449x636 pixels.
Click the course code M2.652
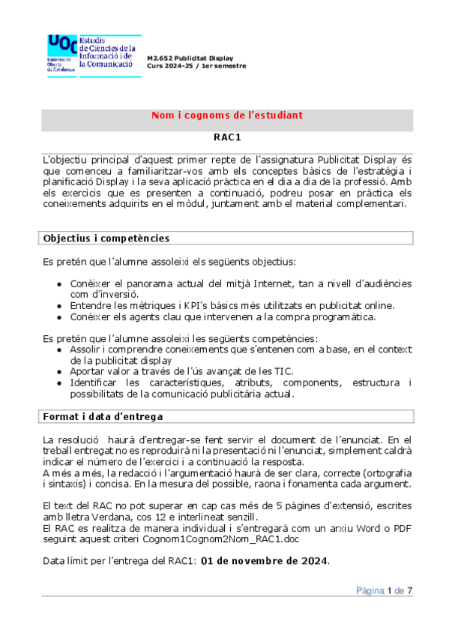tap(162, 58)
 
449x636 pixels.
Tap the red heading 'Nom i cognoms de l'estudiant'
tap(226, 115)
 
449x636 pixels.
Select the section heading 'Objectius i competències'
tap(106, 238)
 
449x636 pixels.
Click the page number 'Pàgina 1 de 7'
tap(384, 591)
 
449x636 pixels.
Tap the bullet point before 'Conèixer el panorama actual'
tap(60, 283)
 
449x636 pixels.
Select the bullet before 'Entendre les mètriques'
tap(60, 306)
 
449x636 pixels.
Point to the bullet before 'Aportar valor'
tap(60, 371)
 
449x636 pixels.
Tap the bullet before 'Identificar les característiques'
tap(60, 382)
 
